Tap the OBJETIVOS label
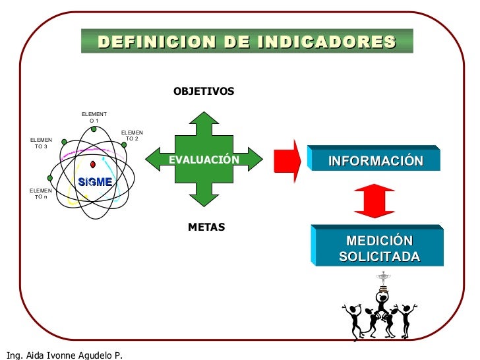tap(203, 92)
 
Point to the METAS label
tap(206, 227)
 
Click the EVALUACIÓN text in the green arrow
tap(204, 160)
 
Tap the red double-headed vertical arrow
tap(374, 200)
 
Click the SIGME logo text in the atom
tap(95, 182)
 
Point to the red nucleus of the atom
tap(94, 164)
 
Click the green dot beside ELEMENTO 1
tap(94, 129)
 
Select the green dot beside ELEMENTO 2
tap(124, 144)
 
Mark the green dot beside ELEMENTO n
tap(49, 178)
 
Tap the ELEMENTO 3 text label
tap(41, 143)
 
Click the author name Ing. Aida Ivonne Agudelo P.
tap(62, 355)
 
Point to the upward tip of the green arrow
tap(203, 113)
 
